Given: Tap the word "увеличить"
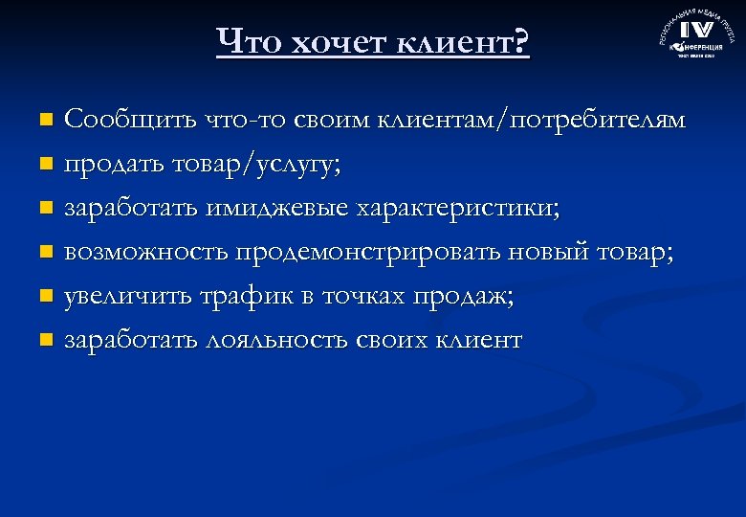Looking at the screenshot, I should pos(127,297).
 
